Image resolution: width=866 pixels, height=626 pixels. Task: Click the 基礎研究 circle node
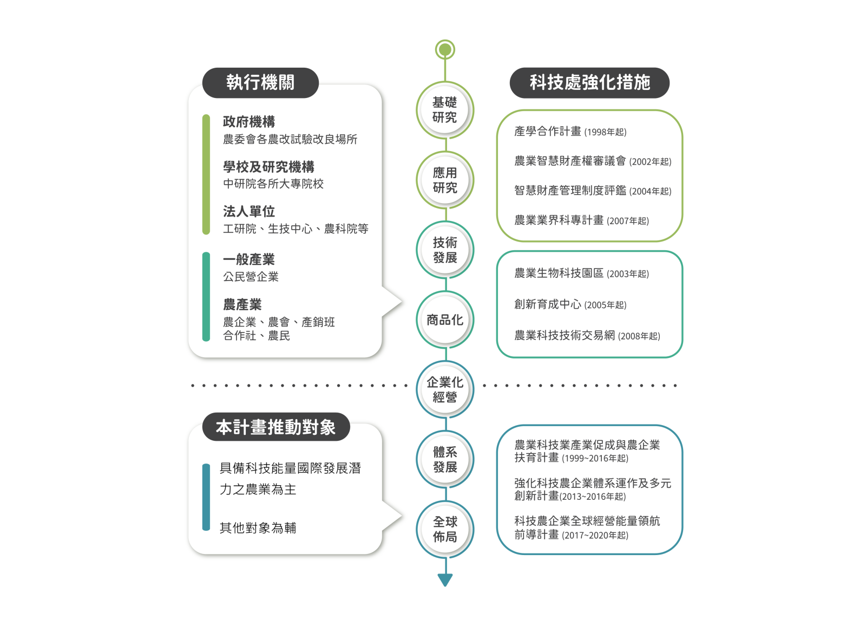445,110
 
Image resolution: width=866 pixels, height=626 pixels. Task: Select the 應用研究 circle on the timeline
445,180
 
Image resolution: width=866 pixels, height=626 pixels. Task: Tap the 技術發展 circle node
445,250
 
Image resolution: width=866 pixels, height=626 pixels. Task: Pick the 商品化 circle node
445,320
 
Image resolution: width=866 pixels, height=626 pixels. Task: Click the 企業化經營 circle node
445,389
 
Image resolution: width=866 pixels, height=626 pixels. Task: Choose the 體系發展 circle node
445,460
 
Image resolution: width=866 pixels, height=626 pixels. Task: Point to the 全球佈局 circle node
445,529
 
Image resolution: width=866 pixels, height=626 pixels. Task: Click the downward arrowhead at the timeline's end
445,580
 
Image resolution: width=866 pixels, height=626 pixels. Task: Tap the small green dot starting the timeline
445,49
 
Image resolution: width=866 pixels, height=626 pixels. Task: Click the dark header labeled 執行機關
260,82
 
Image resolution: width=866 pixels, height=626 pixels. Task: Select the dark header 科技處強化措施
589,82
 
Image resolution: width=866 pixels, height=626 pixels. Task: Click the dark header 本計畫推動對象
276,427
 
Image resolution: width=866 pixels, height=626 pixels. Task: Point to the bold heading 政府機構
249,121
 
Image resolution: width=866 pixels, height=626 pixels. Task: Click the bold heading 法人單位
249,211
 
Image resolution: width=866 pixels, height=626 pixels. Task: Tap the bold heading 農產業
242,304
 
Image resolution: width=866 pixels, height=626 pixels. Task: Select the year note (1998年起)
606,132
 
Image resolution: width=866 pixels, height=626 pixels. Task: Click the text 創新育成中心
548,304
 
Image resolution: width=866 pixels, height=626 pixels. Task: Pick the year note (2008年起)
639,336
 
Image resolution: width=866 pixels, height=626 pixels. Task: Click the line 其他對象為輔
258,528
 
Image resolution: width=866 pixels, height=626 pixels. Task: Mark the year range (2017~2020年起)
595,536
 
